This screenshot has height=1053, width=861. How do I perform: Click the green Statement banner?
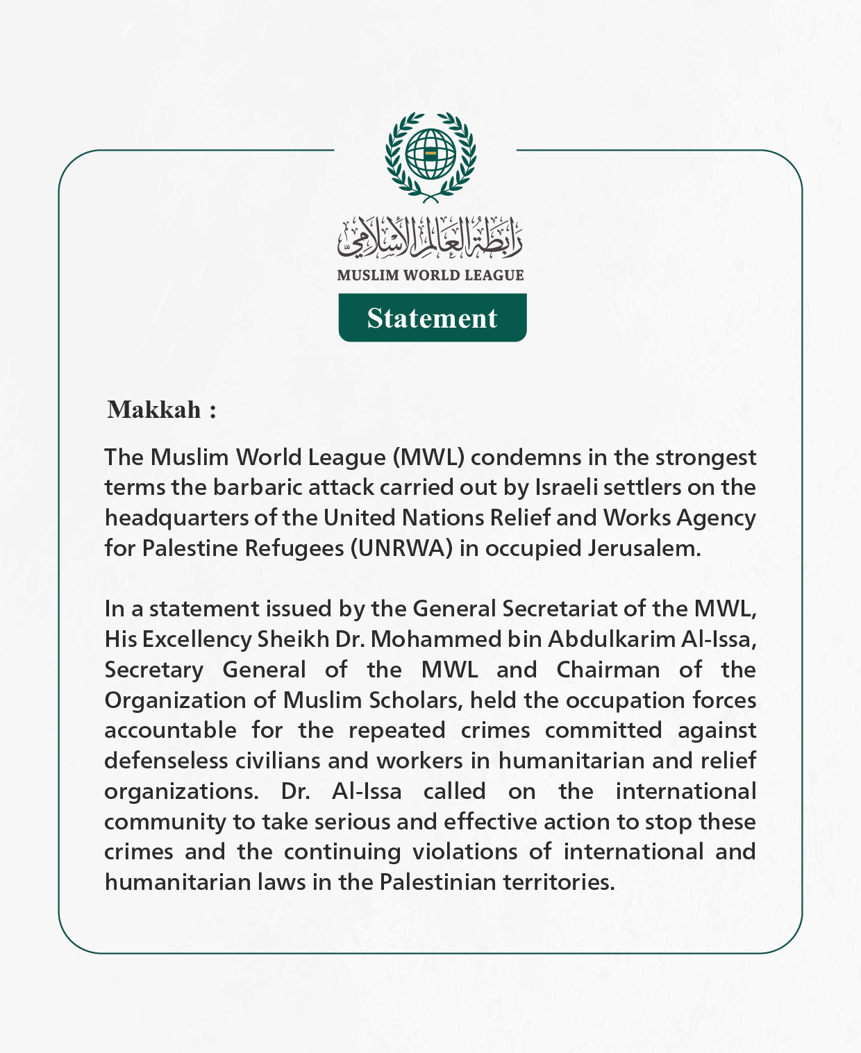(x=432, y=318)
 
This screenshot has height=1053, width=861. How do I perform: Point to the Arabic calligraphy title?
(x=430, y=236)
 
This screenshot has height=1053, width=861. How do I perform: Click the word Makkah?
(x=154, y=410)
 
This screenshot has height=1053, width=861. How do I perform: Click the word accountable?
(x=170, y=730)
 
